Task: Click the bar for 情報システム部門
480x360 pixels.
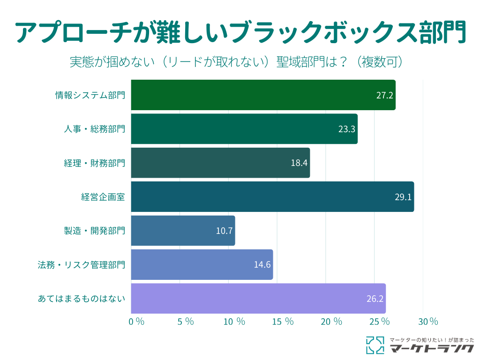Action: [262, 95]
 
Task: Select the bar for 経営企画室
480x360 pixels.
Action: [272, 197]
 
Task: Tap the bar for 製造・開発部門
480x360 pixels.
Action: [183, 231]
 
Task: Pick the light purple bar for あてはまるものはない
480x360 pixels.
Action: [258, 299]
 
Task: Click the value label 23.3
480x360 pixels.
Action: [346, 129]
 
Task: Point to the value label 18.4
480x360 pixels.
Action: [299, 163]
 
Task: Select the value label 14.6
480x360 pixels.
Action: [262, 264]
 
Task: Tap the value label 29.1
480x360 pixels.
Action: [403, 197]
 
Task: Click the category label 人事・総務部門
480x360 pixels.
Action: [94, 129]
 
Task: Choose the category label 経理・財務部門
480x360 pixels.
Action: [94, 163]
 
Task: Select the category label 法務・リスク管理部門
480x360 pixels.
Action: [82, 264]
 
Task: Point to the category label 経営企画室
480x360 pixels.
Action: [103, 197]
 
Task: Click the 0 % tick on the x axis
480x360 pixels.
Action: [136, 322]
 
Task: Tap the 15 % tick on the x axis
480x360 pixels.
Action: [283, 322]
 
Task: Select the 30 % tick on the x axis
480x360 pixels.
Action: [427, 322]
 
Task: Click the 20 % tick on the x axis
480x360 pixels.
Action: [331, 322]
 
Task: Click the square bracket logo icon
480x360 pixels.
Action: [375, 345]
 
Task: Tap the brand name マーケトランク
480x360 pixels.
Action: [432, 348]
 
